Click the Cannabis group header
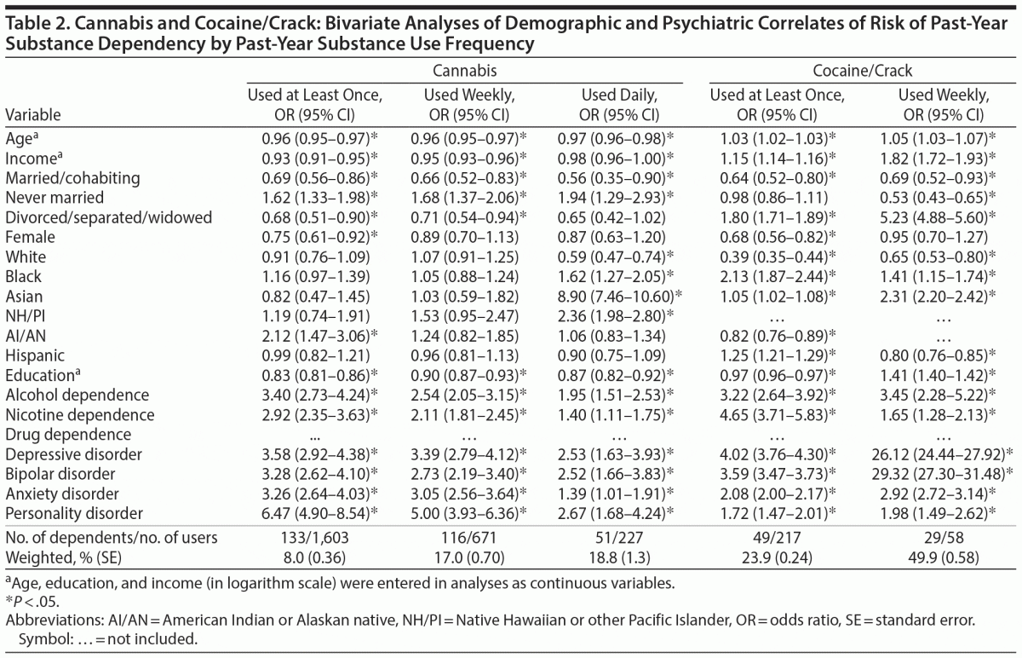tap(464, 72)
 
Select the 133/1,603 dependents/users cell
tap(313, 537)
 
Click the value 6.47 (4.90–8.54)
tap(313, 513)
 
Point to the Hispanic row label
tap(36, 355)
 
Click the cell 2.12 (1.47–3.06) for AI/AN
tap(313, 335)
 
